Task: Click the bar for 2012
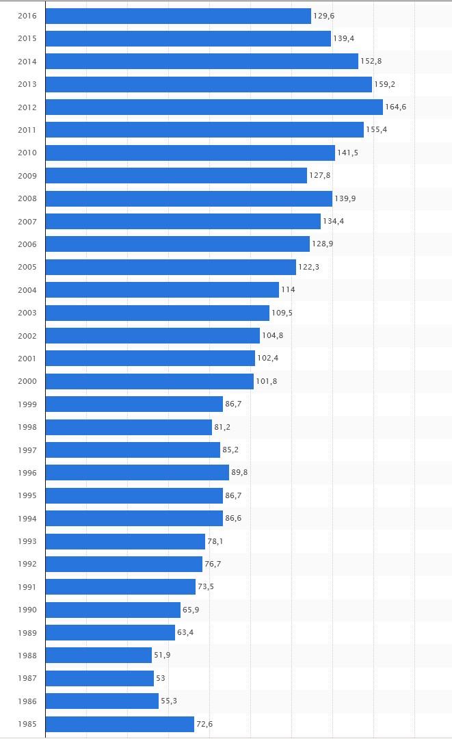(x=214, y=107)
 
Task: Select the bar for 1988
(x=98, y=656)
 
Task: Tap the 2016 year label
(x=27, y=16)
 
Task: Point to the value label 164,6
(x=395, y=107)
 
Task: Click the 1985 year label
(x=27, y=724)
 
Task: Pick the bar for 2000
(x=150, y=381)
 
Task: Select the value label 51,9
(x=162, y=656)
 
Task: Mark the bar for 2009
(x=176, y=176)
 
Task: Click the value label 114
(x=288, y=289)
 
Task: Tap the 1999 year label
(x=27, y=404)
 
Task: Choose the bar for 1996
(x=137, y=473)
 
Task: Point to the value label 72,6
(x=204, y=724)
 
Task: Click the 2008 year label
(x=27, y=198)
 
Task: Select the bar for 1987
(x=100, y=678)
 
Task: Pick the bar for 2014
(x=202, y=61)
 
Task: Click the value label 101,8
(x=266, y=381)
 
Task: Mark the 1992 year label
(x=27, y=564)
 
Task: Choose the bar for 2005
(x=171, y=267)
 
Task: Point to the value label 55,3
(x=169, y=701)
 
